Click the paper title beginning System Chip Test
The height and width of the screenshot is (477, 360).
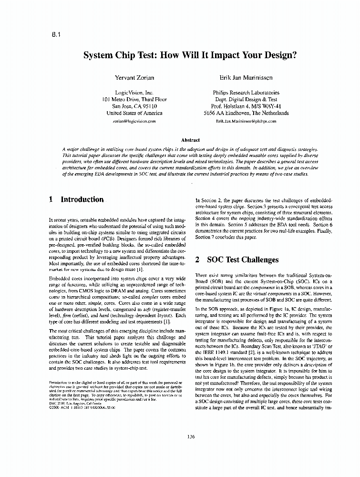pos(190,55)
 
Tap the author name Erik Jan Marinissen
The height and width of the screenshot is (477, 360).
pos(246,77)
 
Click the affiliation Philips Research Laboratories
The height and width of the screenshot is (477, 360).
pos(246,93)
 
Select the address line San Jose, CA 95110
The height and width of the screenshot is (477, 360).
pos(134,106)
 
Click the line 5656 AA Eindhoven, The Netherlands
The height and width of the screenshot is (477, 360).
pos(246,114)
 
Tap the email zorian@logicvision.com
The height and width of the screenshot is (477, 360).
pos(134,122)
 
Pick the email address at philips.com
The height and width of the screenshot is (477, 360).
pos(246,122)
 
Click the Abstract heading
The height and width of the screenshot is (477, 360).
pos(190,140)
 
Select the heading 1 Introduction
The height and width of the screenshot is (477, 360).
pos(76,200)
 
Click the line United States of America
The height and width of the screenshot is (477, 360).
pos(134,114)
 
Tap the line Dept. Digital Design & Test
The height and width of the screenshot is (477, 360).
pos(246,100)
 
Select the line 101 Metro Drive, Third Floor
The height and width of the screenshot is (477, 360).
pos(134,100)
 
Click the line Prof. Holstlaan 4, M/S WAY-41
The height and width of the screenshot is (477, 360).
pos(246,106)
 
